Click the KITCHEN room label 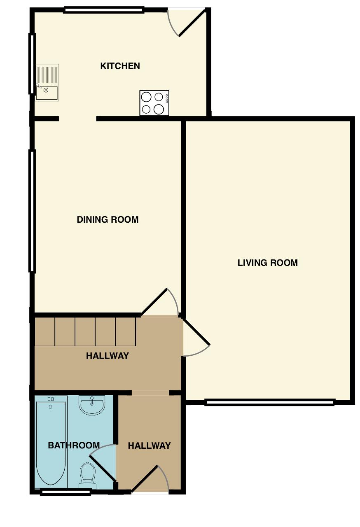(x=120, y=66)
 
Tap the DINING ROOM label (x=108, y=220)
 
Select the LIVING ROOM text (x=268, y=263)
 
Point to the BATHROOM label (x=74, y=445)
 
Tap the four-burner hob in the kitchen (x=154, y=103)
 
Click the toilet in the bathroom (x=88, y=476)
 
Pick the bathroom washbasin (x=92, y=405)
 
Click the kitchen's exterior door (x=192, y=23)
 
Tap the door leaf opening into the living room (x=196, y=332)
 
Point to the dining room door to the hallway (x=154, y=302)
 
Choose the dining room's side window (x=32, y=211)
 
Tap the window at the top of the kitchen (x=103, y=9)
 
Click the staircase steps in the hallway (x=85, y=332)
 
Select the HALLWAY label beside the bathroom (x=150, y=445)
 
